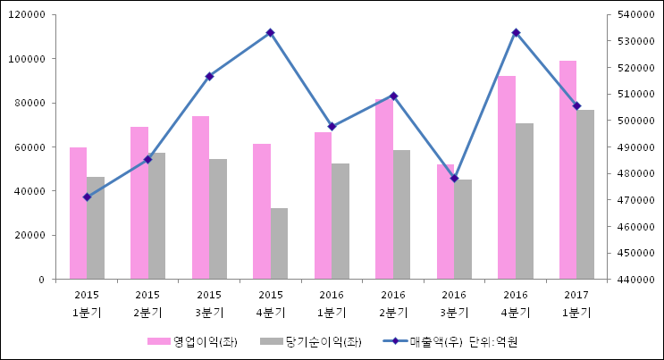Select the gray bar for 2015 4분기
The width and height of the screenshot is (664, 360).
click(279, 244)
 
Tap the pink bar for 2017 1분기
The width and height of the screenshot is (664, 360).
click(567, 170)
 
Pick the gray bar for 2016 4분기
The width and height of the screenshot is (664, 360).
click(524, 201)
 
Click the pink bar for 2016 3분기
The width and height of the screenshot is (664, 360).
click(445, 222)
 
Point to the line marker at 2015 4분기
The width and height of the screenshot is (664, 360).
click(270, 32)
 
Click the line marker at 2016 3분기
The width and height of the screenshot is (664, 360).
click(454, 179)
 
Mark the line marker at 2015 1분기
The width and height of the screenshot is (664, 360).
click(87, 197)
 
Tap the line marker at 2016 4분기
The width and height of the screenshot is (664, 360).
click(516, 32)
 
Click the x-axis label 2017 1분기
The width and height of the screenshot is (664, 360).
click(576, 303)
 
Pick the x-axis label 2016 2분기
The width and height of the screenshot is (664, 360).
click(393, 303)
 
